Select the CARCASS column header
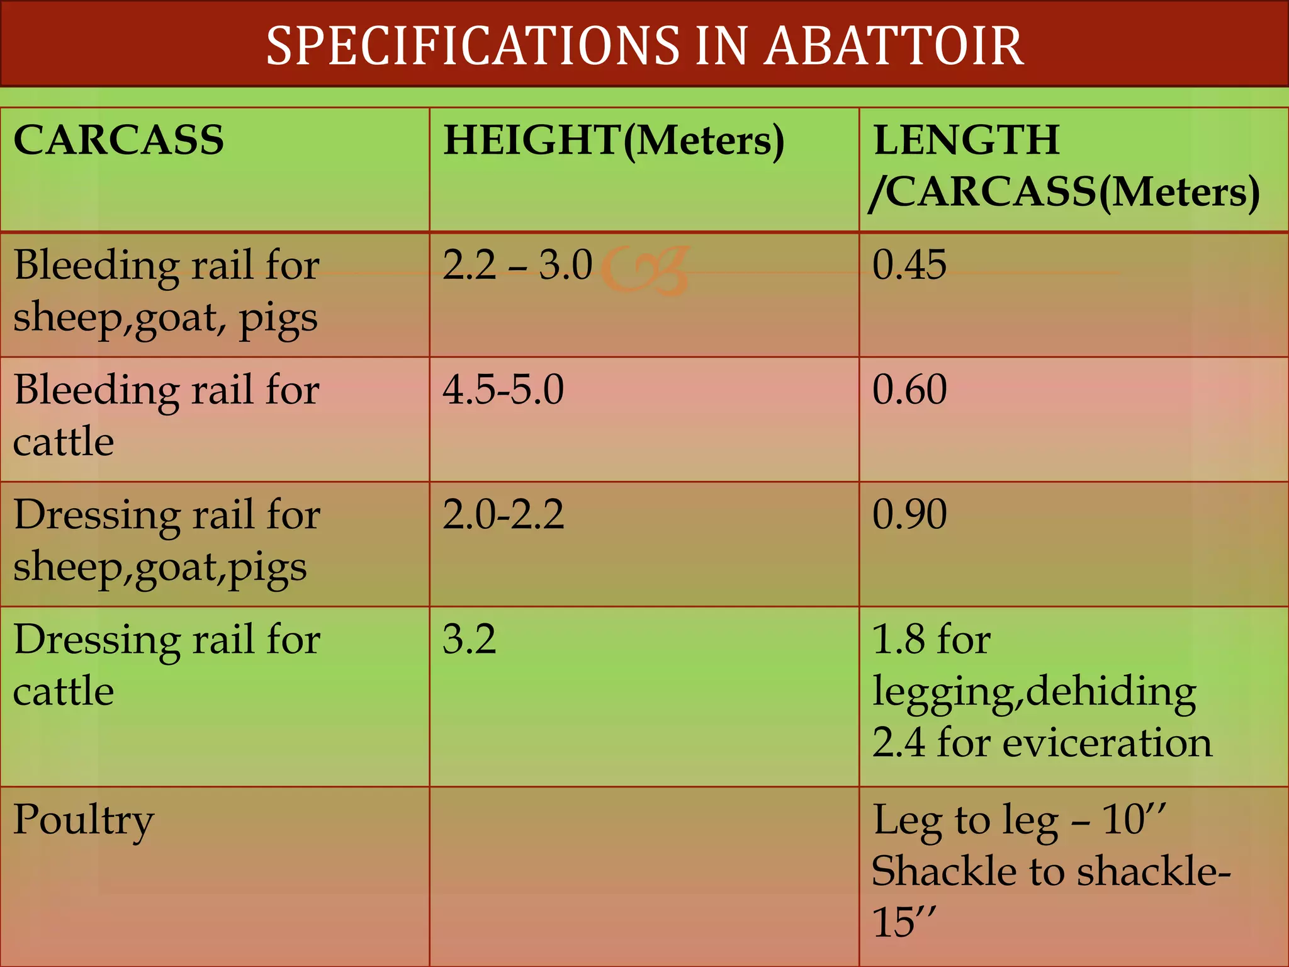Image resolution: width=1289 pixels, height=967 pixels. click(119, 140)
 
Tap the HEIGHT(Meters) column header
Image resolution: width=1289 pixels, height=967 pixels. click(614, 140)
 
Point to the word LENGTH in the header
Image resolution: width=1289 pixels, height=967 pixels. click(966, 140)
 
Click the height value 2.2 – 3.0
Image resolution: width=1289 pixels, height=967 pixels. click(517, 264)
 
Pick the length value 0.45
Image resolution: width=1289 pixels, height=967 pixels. click(909, 264)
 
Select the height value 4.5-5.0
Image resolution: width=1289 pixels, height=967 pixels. click(504, 389)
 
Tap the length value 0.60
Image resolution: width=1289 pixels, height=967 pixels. click(909, 389)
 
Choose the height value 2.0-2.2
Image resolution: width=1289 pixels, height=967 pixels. click(504, 514)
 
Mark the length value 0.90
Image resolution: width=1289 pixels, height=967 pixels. click(909, 514)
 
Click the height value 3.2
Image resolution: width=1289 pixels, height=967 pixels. click(470, 639)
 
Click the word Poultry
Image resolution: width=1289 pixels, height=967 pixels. click(84, 820)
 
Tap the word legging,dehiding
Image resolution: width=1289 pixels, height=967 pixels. click(1034, 692)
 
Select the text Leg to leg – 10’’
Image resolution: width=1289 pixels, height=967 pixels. click(1020, 820)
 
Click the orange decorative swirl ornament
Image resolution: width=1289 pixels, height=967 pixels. click(645, 271)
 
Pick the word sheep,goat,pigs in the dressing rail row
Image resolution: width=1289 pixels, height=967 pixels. click(160, 567)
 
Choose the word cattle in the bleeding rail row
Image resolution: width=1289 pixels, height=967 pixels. click(64, 441)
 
